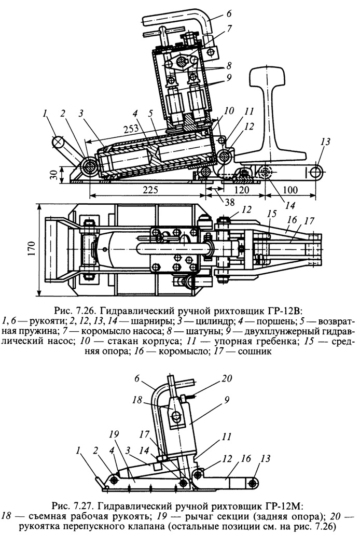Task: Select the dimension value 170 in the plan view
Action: [32, 250]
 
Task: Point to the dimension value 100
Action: [289, 189]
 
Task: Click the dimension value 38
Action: [229, 202]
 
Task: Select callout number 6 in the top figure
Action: [228, 13]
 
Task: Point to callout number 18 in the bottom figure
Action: [137, 400]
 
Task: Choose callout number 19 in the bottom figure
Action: [114, 434]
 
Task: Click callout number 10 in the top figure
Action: [229, 111]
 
